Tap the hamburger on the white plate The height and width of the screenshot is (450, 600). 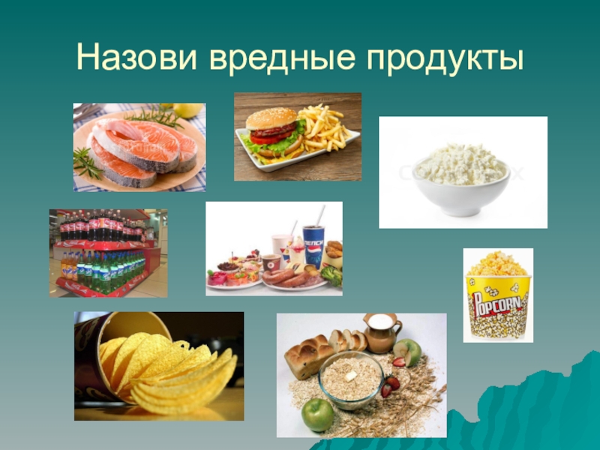[x=273, y=130]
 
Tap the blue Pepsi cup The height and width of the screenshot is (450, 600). [x=313, y=248]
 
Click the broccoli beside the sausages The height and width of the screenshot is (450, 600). [x=332, y=276]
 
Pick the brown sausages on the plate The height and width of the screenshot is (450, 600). [x=289, y=279]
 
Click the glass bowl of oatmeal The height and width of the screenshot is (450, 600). [x=351, y=378]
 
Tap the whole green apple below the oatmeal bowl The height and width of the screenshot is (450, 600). [x=317, y=414]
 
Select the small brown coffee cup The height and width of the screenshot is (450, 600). [x=270, y=263]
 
